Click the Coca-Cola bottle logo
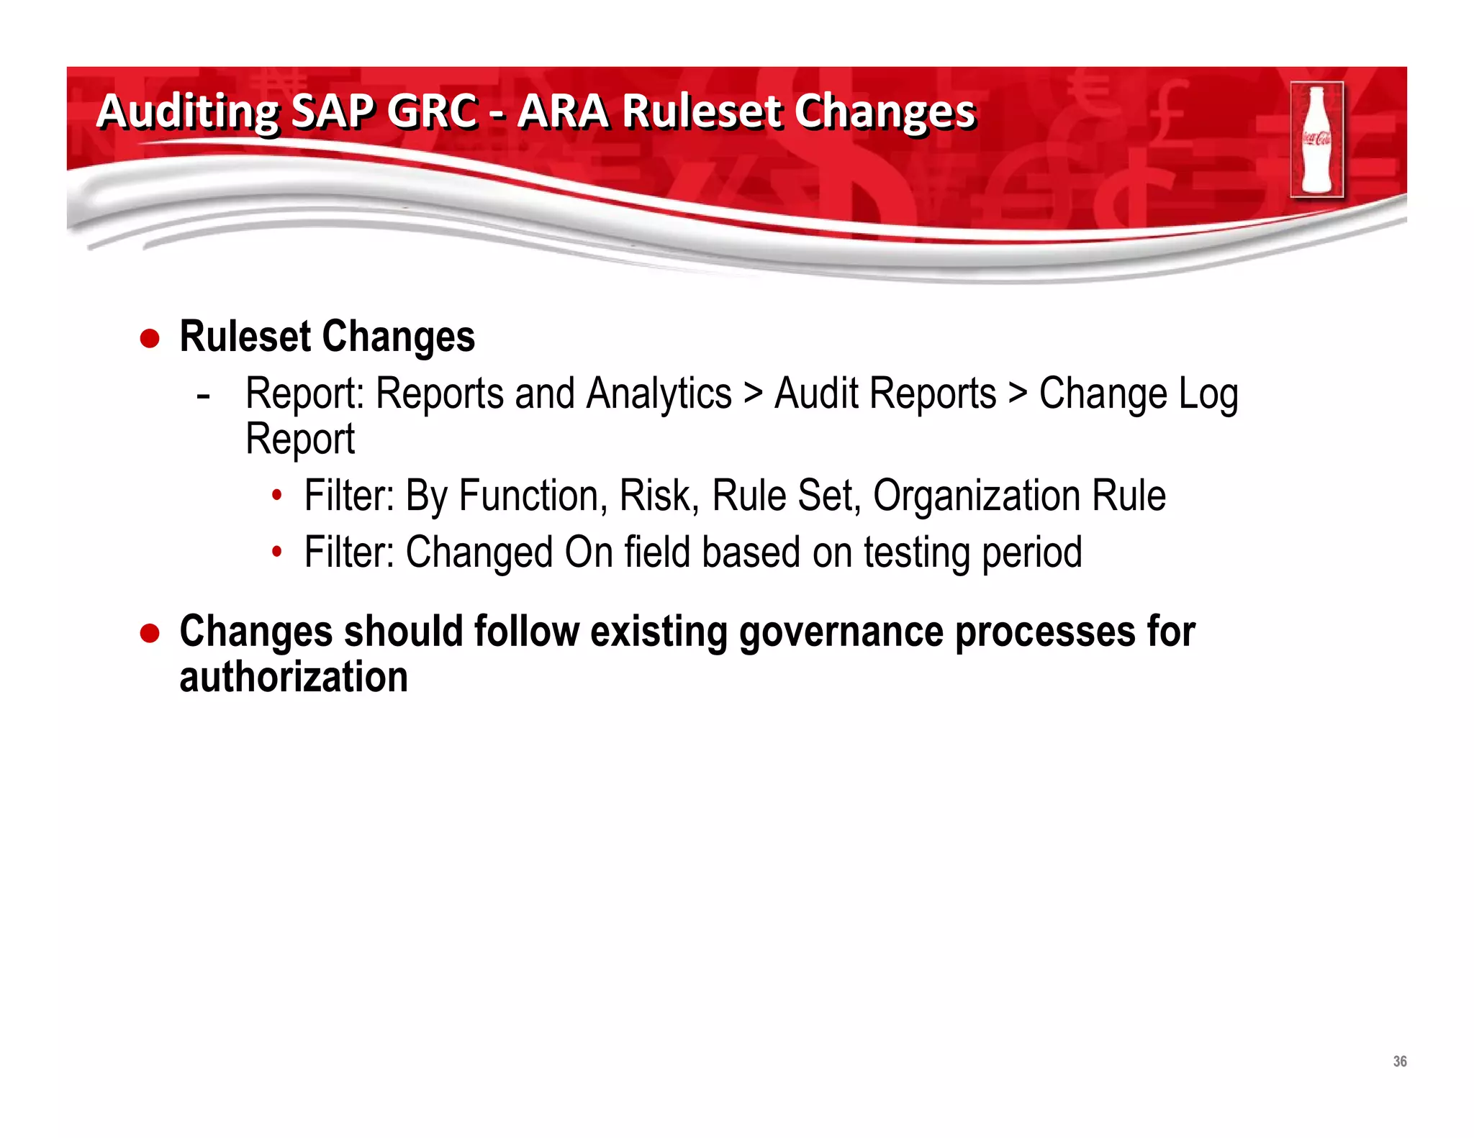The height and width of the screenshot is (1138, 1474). [1316, 140]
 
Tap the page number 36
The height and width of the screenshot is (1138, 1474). [1399, 1061]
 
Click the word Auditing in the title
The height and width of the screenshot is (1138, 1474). [187, 113]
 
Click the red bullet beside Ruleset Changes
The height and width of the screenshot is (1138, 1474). [150, 338]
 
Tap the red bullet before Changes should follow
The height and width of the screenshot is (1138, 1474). [150, 633]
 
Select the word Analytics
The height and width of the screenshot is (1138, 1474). [659, 394]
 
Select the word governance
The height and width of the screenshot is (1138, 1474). [841, 633]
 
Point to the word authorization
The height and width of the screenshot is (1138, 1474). [294, 678]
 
